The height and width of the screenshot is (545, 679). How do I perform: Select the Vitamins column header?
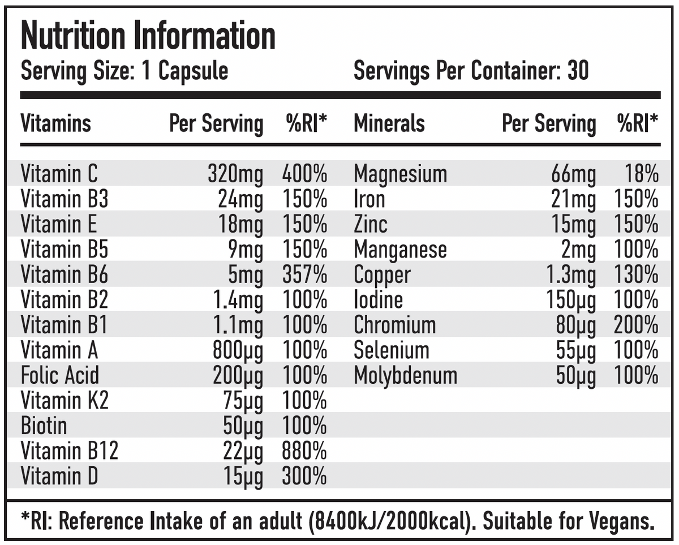(x=55, y=123)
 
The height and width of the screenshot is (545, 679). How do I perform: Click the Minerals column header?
(x=389, y=123)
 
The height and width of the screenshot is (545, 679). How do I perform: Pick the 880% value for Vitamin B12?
(x=304, y=451)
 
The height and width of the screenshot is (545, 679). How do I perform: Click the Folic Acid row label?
(x=59, y=375)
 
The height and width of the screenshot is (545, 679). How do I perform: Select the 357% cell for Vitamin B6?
(x=304, y=275)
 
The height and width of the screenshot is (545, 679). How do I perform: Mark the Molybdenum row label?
(x=405, y=375)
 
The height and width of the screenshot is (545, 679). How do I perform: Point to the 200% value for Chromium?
(x=636, y=325)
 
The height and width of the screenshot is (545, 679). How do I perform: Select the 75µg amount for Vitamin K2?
(x=243, y=401)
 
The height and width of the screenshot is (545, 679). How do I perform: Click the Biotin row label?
(x=44, y=426)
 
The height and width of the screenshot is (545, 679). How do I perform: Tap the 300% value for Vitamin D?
(x=304, y=476)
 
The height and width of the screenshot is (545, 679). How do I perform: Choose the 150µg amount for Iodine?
(x=570, y=300)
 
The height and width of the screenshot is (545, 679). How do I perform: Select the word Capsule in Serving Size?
(x=193, y=71)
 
